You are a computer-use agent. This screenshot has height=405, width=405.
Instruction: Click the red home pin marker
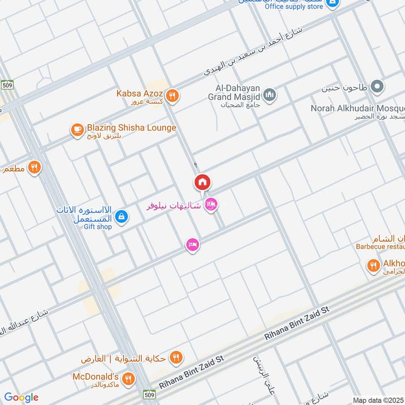click(202, 182)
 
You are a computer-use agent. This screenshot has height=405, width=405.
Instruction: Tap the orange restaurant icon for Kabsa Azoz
click(173, 95)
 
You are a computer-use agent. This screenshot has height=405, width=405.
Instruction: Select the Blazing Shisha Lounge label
click(131, 128)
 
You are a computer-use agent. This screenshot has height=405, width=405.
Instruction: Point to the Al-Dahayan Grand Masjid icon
click(270, 95)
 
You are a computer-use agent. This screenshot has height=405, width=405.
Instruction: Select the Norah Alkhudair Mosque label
click(357, 108)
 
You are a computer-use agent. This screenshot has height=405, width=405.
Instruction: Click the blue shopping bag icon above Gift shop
click(121, 217)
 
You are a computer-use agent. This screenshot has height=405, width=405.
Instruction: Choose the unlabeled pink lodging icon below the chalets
click(192, 245)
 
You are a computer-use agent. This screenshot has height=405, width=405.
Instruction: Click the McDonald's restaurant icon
click(129, 378)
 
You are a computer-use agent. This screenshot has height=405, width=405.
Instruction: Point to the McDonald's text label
click(99, 377)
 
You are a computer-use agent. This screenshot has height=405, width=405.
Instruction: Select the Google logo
click(21, 397)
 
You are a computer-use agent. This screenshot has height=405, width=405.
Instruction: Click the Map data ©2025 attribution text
click(378, 400)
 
